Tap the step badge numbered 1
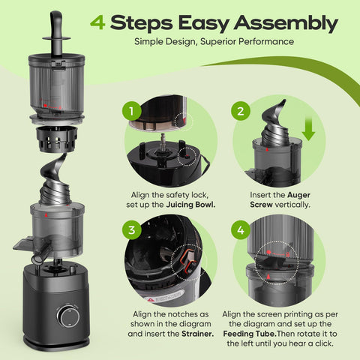coord(133,112)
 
